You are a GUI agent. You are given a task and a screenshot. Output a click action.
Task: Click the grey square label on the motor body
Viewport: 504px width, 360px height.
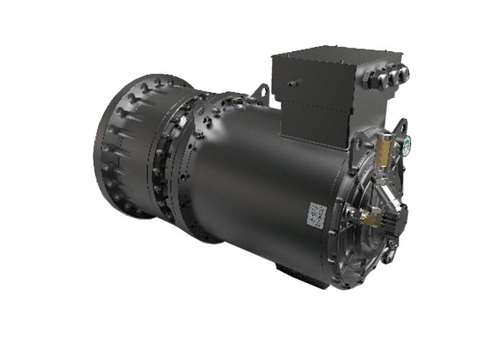coord(317,213)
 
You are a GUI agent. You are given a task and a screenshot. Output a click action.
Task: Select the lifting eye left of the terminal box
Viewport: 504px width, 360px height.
coord(262,94)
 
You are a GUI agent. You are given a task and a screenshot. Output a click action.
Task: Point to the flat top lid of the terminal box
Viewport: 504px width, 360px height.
coord(331,55)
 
